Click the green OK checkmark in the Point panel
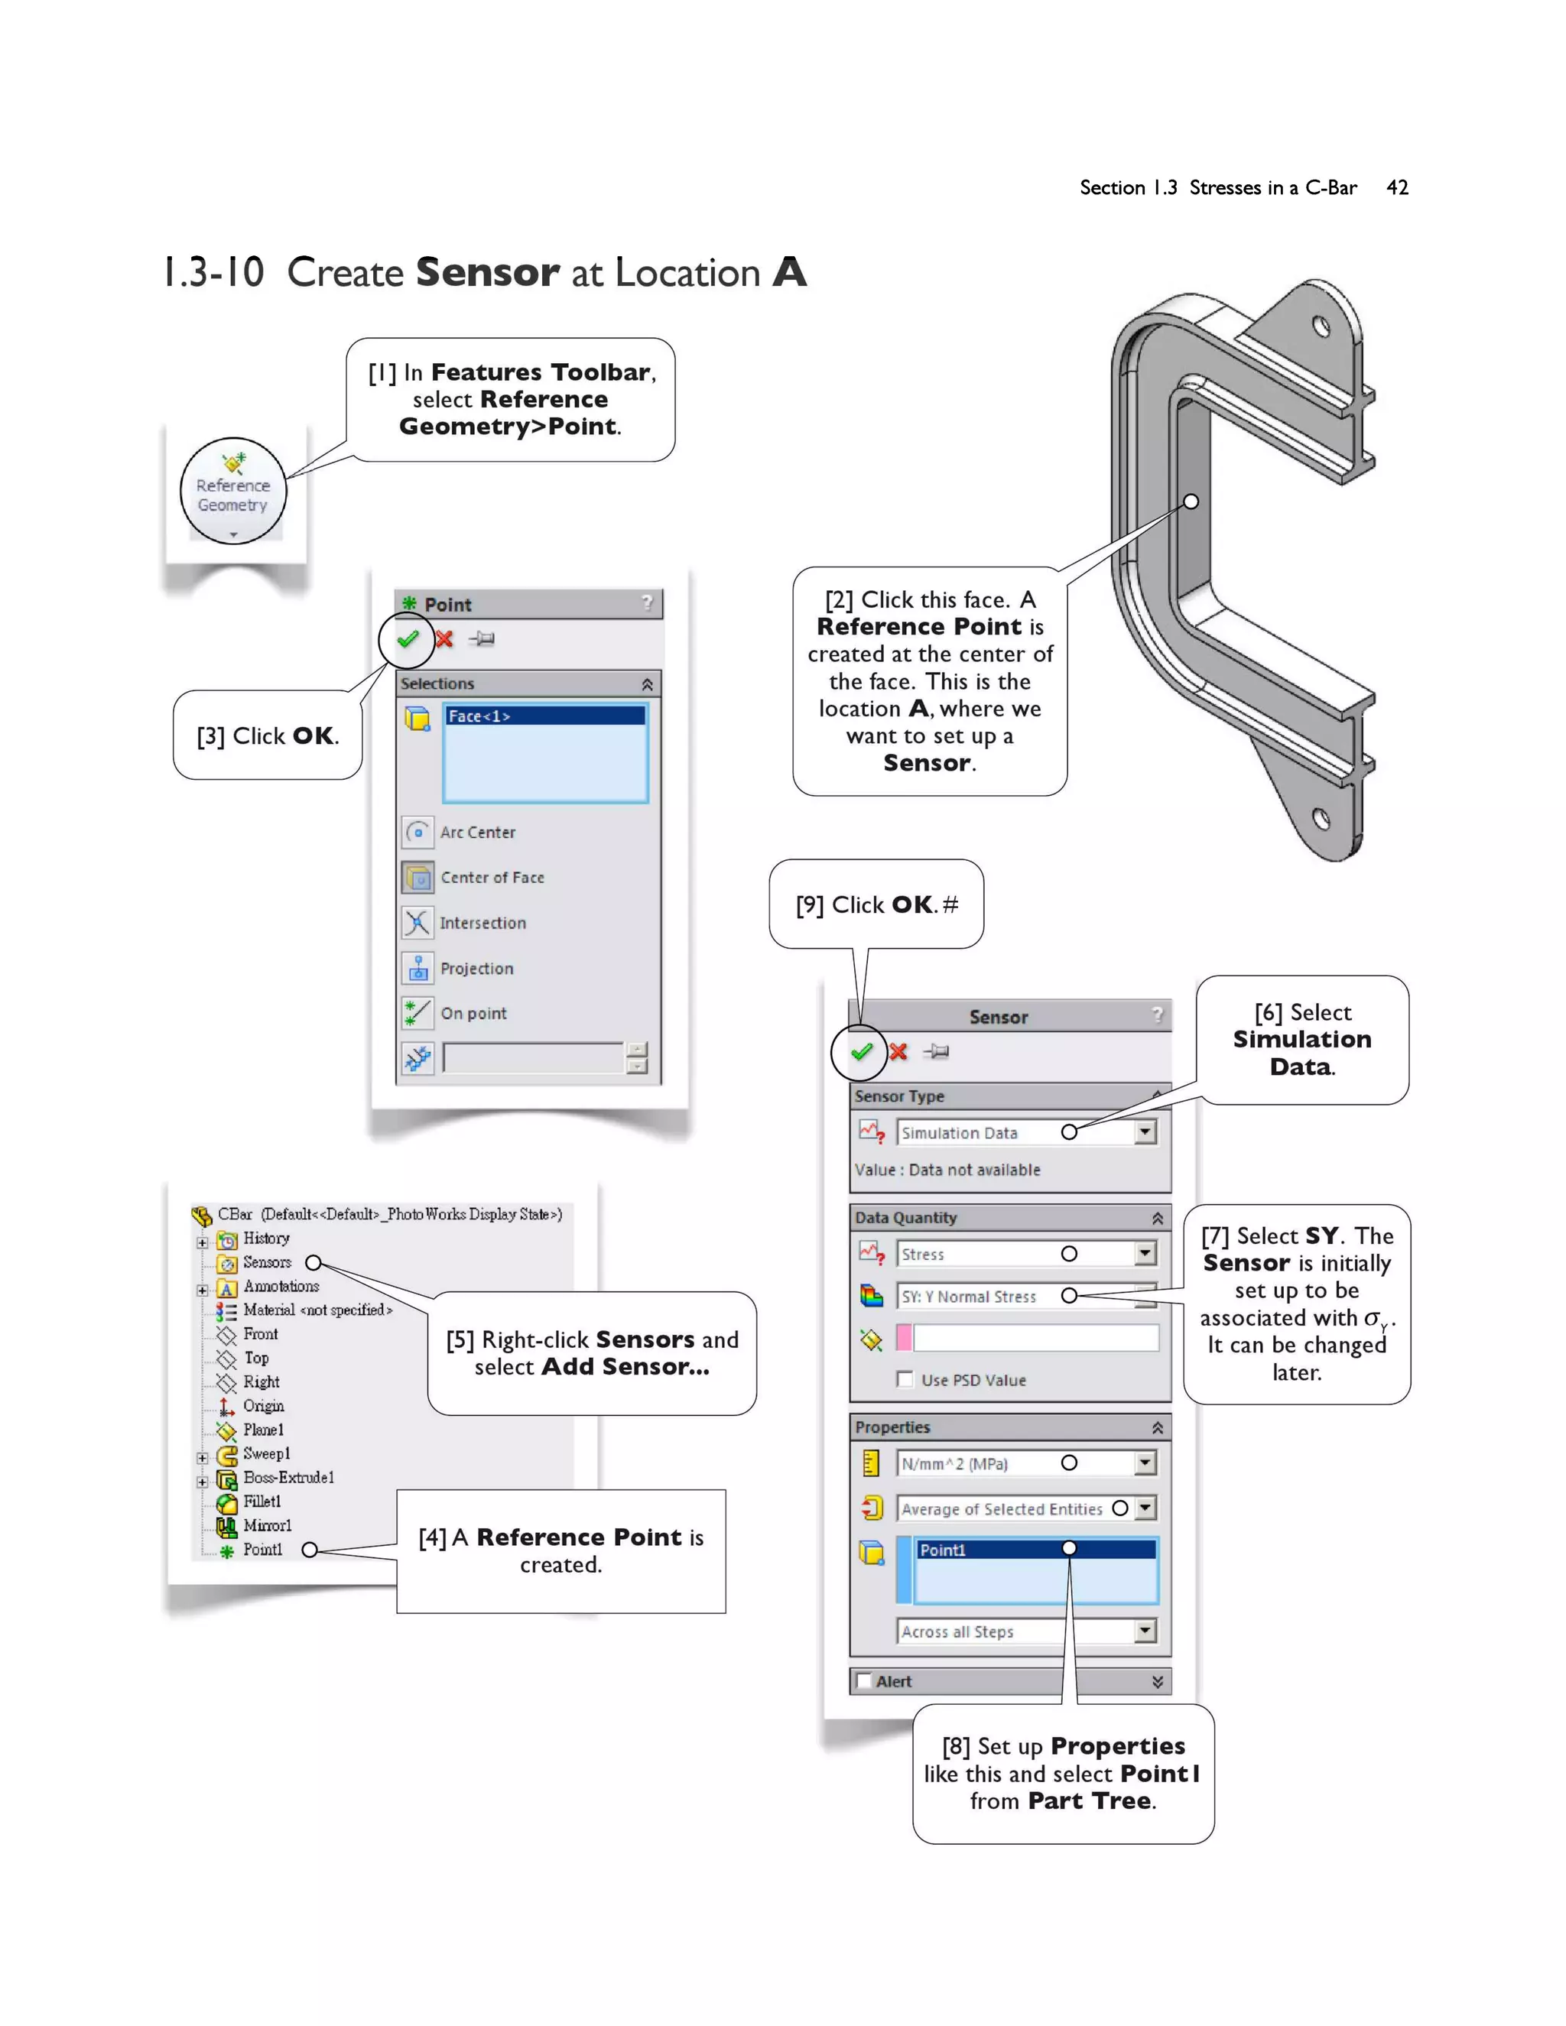click(408, 639)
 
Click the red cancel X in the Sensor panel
click(898, 1051)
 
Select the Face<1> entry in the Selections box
click(544, 716)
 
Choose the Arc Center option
click(477, 832)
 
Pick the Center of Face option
click(491, 878)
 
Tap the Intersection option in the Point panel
click(482, 923)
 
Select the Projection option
click(476, 969)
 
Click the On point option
click(473, 1013)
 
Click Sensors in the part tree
click(266, 1262)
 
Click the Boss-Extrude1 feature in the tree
click(288, 1478)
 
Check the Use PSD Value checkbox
click(905, 1379)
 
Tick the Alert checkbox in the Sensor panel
click(865, 1681)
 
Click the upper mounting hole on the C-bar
click(1322, 326)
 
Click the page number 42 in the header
click(1397, 187)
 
